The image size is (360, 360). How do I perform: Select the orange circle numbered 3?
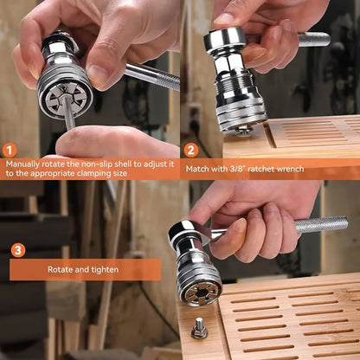point(18,250)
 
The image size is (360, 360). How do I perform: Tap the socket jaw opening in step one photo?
point(64,87)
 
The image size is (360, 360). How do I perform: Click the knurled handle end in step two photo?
point(313,38)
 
